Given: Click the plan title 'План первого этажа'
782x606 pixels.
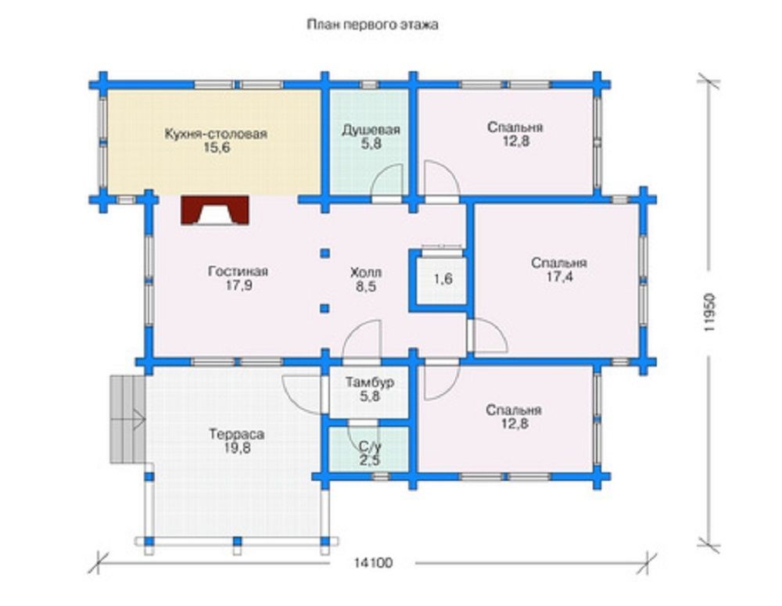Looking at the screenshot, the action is point(372,24).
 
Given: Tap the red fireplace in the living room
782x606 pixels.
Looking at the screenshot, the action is point(215,210).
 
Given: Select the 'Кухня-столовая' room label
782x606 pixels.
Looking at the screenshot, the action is point(216,134).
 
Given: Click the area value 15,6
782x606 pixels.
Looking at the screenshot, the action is point(217,148).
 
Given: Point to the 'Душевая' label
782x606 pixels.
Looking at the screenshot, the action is point(371,130).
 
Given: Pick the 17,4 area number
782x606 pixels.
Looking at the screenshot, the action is point(559,277).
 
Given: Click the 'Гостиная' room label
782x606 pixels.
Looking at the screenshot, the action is point(238,271).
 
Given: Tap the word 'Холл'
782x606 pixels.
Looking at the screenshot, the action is point(366,272).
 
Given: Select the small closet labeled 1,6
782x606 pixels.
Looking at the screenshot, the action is point(443,278).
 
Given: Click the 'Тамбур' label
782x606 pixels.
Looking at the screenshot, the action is point(370,382).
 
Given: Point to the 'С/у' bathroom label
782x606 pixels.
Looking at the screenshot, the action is point(370,446).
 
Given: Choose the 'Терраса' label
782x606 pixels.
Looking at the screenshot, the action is point(237,434).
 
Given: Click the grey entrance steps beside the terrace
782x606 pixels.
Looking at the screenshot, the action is point(127,419).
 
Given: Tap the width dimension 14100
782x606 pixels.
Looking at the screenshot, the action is point(373,563).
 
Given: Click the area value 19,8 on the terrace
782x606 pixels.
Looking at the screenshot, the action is point(238,448).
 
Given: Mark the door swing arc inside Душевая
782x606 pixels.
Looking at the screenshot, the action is point(385,176).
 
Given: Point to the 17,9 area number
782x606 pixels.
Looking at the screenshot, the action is point(239,285).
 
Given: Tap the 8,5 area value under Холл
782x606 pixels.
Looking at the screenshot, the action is point(366,287).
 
